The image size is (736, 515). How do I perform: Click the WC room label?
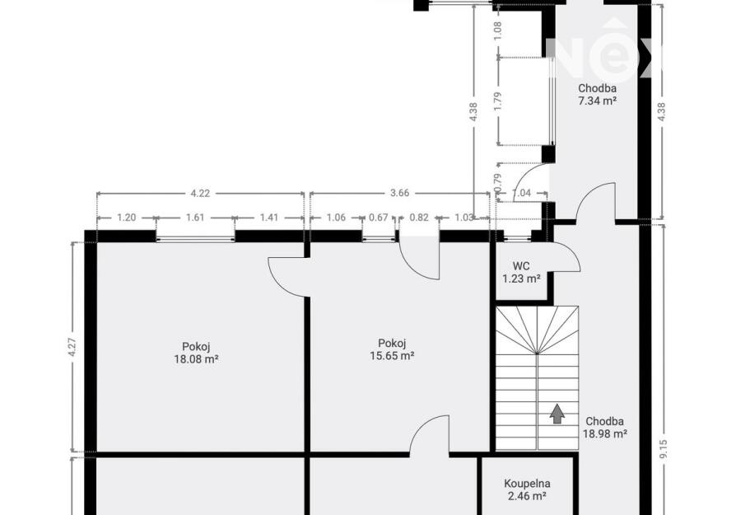coord(521,266)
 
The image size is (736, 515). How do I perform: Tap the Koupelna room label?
coord(527,483)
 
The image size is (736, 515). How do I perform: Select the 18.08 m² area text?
coord(196,359)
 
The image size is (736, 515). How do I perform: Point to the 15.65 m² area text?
coord(392,356)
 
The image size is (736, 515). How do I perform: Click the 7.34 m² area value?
coord(597,101)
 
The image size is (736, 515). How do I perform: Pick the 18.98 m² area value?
coord(605,433)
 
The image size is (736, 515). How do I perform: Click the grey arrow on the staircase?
coord(557,414)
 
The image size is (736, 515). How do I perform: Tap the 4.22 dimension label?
coord(200,193)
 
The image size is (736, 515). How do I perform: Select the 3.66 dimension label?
coord(400,193)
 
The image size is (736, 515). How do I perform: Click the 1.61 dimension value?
coord(195,218)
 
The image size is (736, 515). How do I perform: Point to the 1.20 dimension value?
coord(126,218)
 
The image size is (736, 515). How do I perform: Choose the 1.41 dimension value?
coord(269,218)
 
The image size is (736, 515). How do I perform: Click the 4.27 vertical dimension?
coord(72,348)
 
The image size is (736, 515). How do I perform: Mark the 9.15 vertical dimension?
coord(663,449)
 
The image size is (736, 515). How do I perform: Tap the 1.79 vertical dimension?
coord(499,101)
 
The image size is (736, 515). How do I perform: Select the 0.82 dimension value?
coord(419,218)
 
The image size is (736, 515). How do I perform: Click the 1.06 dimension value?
coord(336,218)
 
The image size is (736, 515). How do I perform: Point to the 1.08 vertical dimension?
coord(499,30)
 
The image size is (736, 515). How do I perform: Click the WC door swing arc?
coord(574,254)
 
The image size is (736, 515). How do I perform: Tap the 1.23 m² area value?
coord(521,279)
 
